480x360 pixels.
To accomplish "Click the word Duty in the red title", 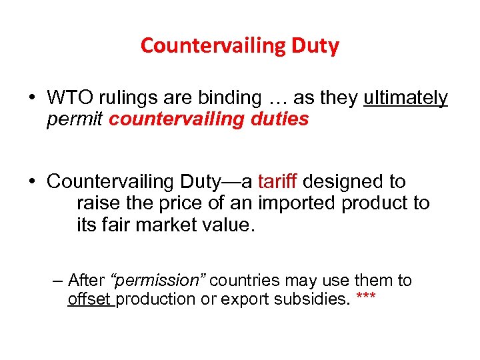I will coord(315,46).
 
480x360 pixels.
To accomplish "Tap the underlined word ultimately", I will coord(406,98).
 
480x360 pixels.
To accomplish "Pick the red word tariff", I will coord(279,181).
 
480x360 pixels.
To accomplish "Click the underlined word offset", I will coord(91,299).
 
